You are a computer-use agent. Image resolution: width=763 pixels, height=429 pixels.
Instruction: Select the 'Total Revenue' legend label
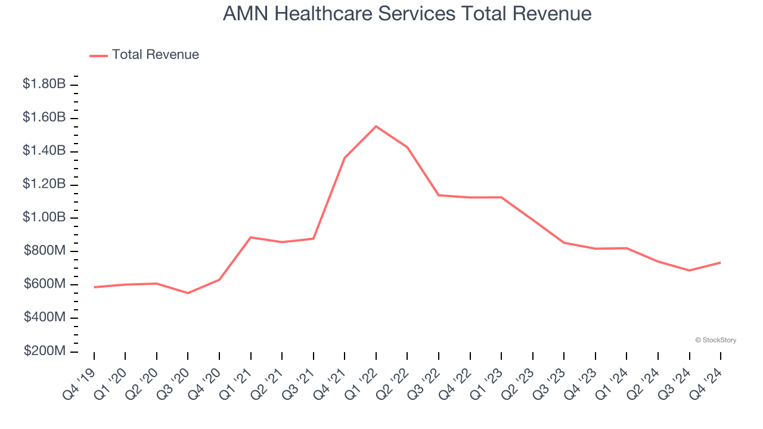pyautogui.click(x=155, y=55)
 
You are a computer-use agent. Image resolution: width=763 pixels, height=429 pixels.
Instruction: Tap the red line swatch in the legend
pyautogui.click(x=98, y=55)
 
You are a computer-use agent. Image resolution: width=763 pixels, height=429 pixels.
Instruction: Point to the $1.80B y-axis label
pyautogui.click(x=44, y=85)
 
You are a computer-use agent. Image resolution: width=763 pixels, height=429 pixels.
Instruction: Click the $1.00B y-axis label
pyautogui.click(x=44, y=217)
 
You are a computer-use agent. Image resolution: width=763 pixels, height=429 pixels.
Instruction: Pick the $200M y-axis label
pyautogui.click(x=45, y=351)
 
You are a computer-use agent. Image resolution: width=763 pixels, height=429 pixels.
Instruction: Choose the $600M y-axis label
pyautogui.click(x=45, y=284)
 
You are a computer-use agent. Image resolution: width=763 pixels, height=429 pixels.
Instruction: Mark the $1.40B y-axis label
pyautogui.click(x=44, y=151)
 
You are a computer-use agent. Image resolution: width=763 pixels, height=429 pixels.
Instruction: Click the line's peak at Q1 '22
pyautogui.click(x=376, y=126)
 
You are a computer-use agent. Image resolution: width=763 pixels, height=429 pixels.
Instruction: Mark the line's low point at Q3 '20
pyautogui.click(x=188, y=293)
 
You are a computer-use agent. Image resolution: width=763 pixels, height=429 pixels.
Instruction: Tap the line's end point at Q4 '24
pyautogui.click(x=720, y=262)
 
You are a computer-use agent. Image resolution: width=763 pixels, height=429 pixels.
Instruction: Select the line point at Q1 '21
pyautogui.click(x=251, y=237)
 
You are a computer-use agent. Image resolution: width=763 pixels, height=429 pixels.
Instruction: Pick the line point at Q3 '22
pyautogui.click(x=439, y=195)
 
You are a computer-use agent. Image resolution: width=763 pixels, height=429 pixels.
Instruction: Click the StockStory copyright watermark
pyautogui.click(x=715, y=340)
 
